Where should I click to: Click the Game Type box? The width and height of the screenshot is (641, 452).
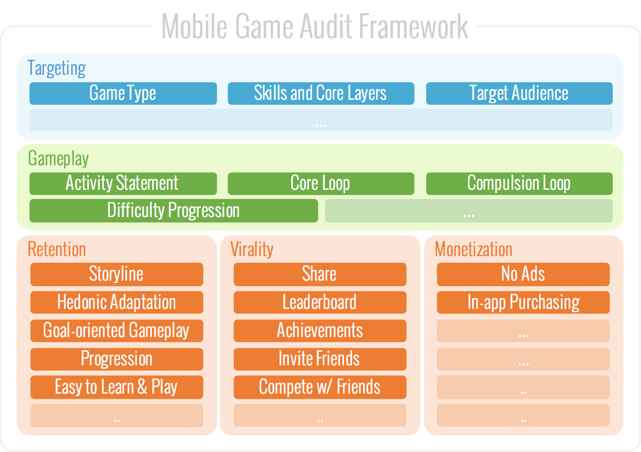pos(123,93)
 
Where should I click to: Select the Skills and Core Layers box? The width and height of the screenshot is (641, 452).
pos(320,93)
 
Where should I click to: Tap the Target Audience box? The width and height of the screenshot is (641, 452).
pos(519,93)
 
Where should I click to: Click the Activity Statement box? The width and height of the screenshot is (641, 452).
pos(123,183)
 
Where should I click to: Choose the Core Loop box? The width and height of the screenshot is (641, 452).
pos(320,183)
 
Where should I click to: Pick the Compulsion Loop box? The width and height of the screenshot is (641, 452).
pos(519,183)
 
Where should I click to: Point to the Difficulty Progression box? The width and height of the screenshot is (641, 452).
pos(173,210)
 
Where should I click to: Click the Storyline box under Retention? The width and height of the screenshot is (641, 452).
pos(116,274)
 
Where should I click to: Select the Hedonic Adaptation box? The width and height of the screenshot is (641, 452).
pos(116,302)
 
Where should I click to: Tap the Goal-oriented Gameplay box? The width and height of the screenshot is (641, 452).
pos(116,331)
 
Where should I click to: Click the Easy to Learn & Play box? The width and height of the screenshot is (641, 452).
pos(116,387)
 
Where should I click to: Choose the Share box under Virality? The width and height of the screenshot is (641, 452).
pos(320,274)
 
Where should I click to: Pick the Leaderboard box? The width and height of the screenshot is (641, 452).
pos(320,302)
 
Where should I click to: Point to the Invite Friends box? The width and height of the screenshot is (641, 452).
pos(320,359)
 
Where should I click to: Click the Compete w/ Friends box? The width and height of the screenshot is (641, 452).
pos(320,387)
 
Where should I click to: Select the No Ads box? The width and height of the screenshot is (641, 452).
pos(523,274)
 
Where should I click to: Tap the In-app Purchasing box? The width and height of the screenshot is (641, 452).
pos(523,302)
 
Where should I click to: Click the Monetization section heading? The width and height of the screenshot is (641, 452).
pos(473,250)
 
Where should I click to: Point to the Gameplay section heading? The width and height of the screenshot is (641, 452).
pos(58,159)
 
